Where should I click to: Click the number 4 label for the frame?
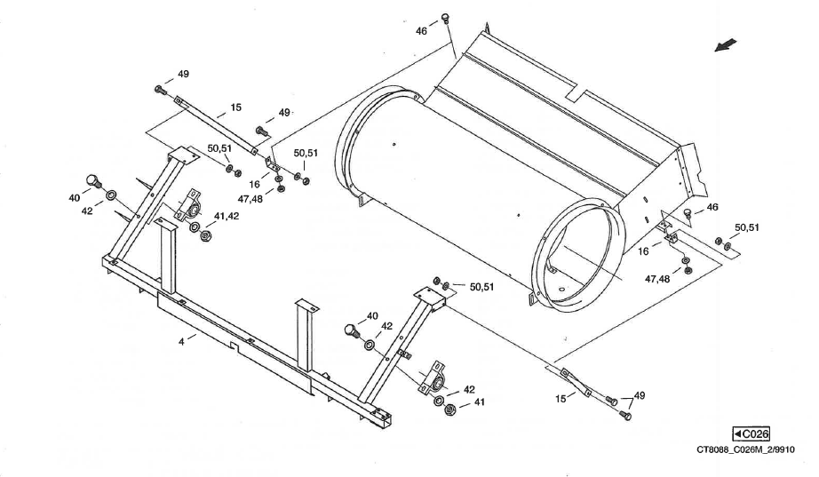click(x=181, y=340)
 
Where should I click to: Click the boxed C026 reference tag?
click(x=751, y=433)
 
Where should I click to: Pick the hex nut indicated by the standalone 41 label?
click(x=449, y=409)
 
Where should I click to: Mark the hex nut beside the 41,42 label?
click(x=205, y=237)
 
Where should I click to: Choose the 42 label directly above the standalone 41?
click(x=468, y=389)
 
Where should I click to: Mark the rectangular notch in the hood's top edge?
click(x=583, y=92)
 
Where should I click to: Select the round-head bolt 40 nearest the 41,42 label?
click(x=91, y=180)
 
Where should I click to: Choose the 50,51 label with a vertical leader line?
click(x=306, y=153)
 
